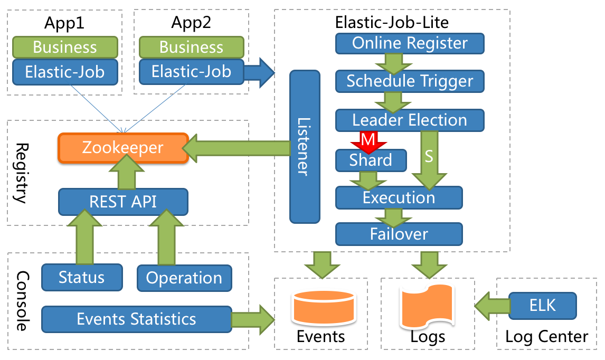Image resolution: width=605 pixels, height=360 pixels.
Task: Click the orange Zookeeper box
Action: tap(122, 147)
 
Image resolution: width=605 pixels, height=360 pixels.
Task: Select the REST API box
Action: tap(122, 202)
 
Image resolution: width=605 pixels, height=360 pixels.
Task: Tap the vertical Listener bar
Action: tap(305, 146)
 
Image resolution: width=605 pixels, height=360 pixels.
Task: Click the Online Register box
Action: tap(410, 43)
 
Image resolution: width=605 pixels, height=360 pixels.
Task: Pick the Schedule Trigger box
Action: tap(410, 81)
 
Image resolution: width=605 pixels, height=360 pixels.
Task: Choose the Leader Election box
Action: tap(410, 120)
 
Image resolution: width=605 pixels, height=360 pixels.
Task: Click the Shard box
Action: tap(371, 160)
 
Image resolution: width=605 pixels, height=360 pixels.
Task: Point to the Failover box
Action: tap(399, 233)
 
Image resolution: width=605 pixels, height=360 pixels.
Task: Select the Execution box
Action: tap(399, 198)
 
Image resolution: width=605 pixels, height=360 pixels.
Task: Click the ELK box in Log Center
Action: tap(543, 305)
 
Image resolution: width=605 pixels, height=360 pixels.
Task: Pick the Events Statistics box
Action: tap(136, 319)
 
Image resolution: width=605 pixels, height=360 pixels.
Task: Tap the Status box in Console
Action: tap(82, 278)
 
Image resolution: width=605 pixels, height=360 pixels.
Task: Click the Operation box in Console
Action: tap(184, 278)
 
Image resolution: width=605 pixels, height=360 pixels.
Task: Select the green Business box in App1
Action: tap(64, 47)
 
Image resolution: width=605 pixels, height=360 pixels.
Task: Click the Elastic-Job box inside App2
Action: tap(191, 71)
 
